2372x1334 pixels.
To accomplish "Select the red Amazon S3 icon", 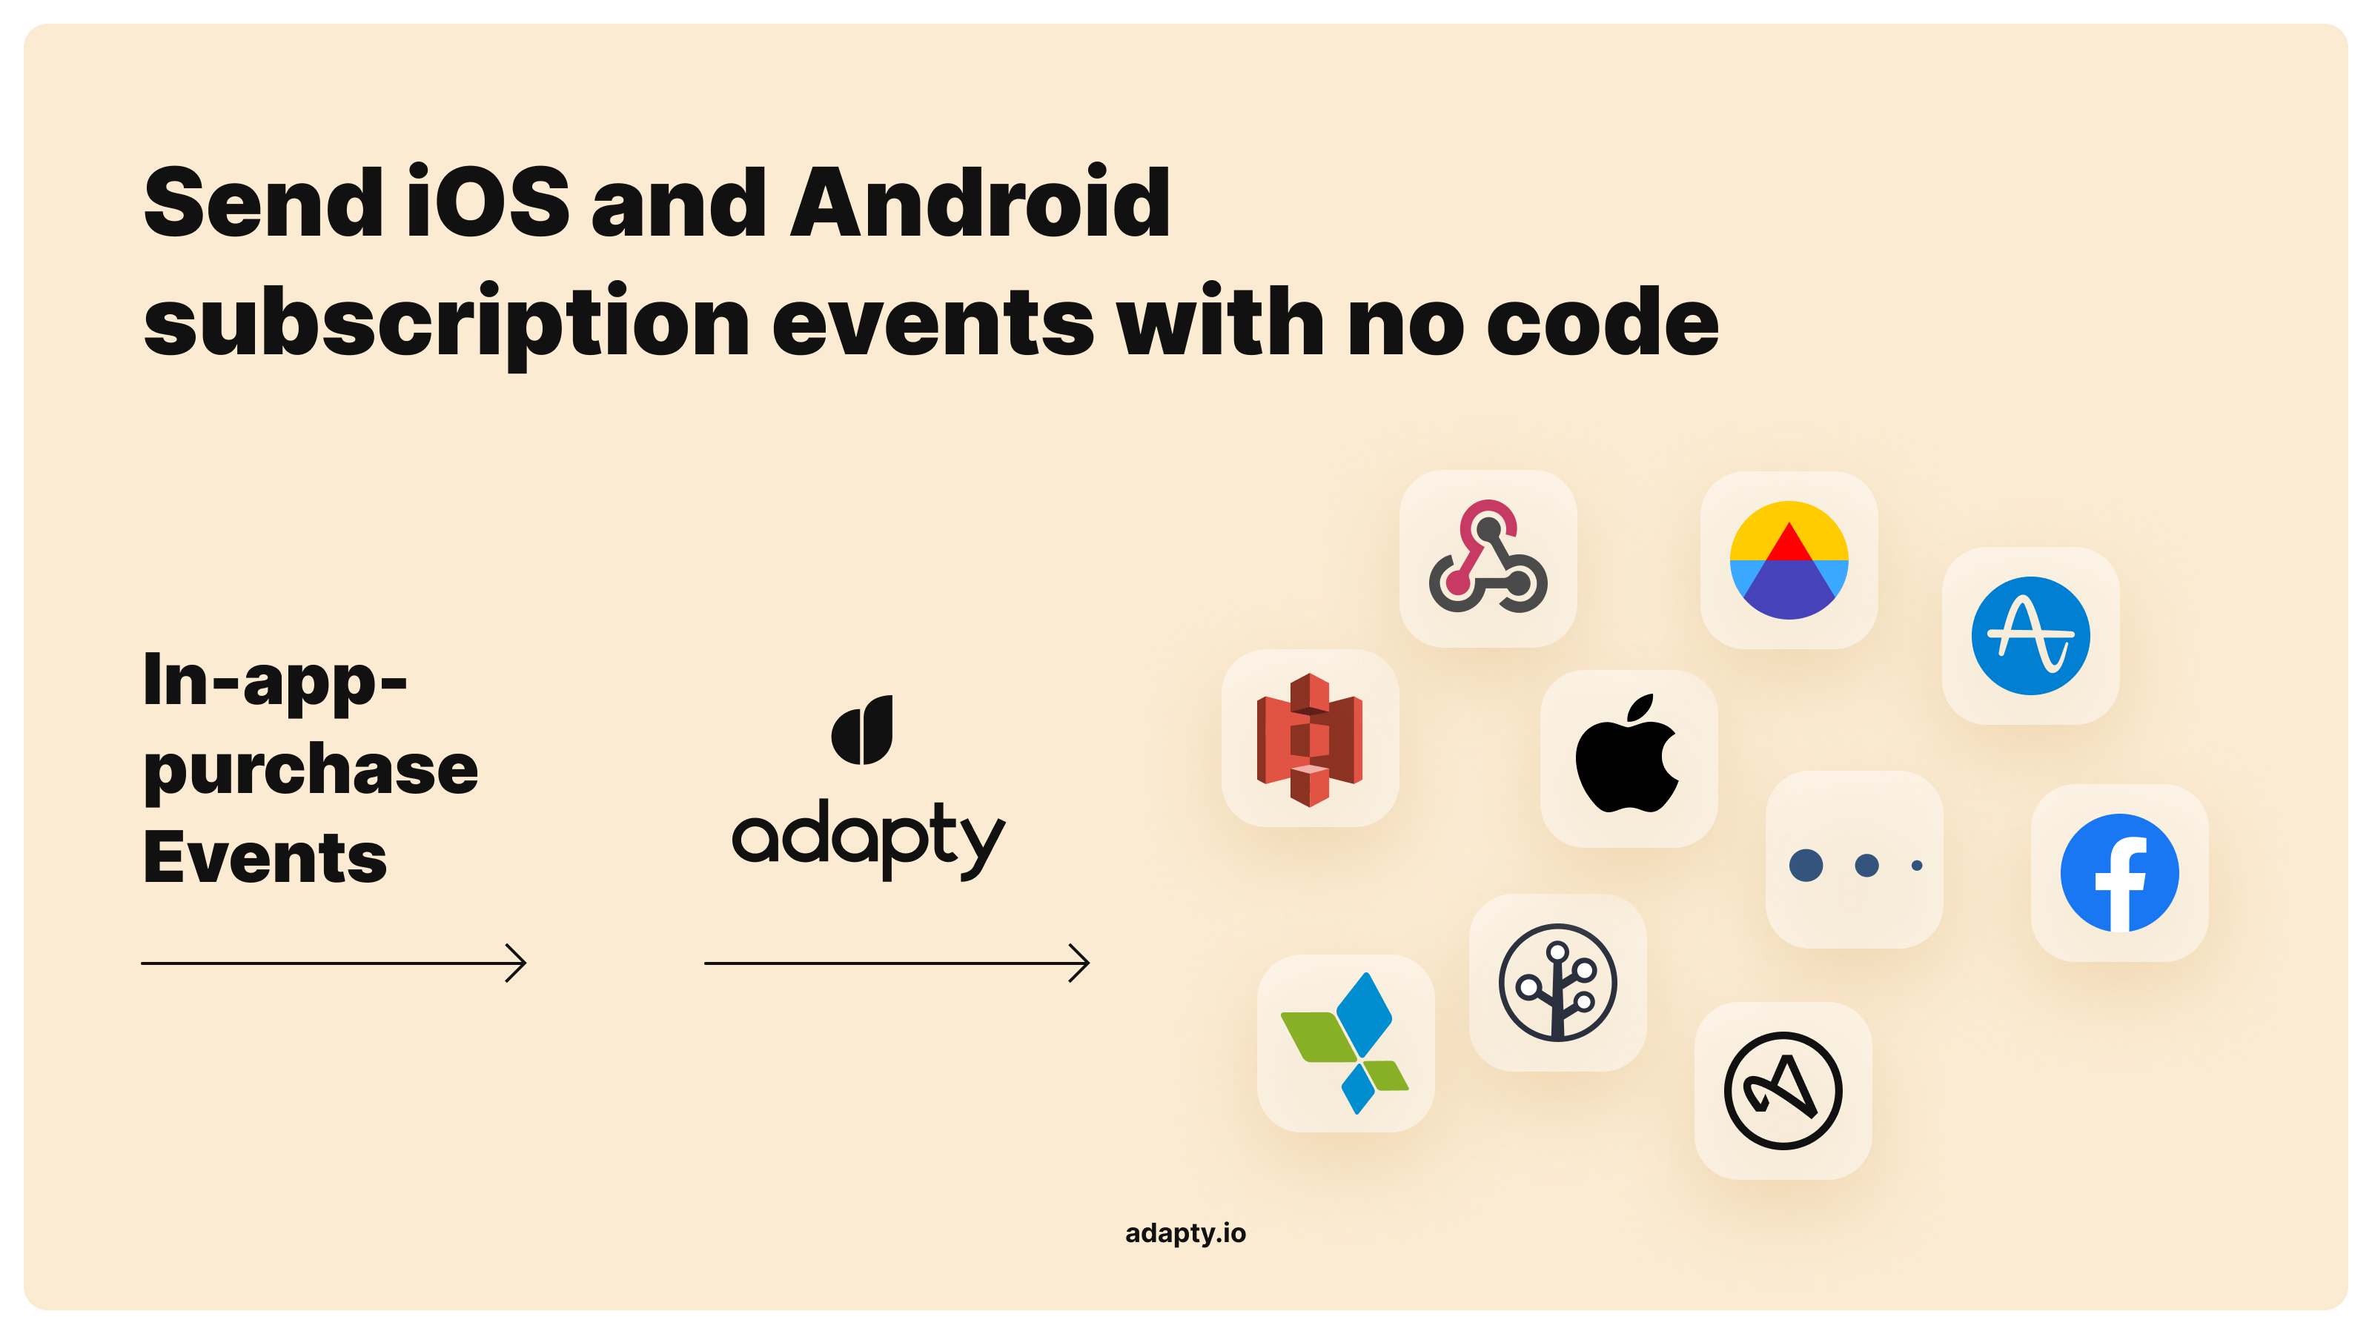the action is (1309, 740).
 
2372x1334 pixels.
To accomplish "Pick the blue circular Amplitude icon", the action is (2030, 635).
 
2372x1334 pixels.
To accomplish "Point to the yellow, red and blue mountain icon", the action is (1788, 560).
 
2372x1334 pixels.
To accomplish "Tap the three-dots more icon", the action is (1855, 864).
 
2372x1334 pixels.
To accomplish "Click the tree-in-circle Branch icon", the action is (1557, 982).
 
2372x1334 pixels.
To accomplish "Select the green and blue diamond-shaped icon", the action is (1345, 1043).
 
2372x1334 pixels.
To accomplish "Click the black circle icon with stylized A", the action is (1783, 1091).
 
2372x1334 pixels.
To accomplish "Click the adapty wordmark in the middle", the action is (868, 839).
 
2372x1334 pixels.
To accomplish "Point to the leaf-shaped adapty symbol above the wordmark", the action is (862, 730).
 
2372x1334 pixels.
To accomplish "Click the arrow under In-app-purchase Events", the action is (334, 963).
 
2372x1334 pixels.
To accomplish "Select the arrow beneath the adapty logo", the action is (897, 963).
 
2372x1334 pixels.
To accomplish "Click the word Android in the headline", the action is (980, 202).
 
